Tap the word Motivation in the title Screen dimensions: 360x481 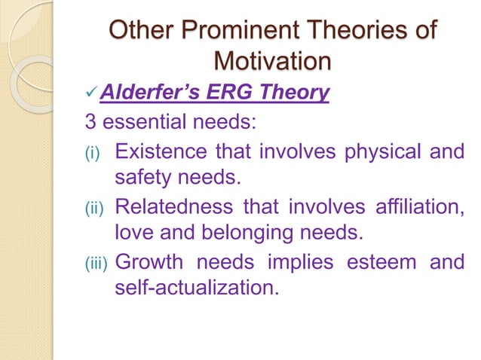coord(272,61)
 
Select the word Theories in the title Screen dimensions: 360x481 coord(354,32)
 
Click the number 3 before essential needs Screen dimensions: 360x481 coord(89,122)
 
